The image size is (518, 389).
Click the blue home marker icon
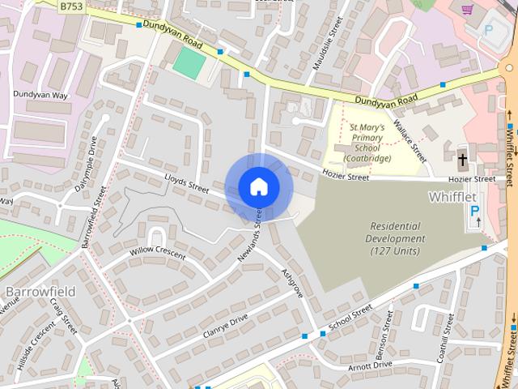258,186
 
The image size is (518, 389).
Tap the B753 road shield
72,6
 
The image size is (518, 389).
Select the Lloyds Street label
186,185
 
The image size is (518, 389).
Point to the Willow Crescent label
157,254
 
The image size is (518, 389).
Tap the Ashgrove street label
291,283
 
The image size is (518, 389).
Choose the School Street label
350,318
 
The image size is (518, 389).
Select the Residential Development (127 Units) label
395,238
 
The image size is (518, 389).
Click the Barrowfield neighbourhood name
40,290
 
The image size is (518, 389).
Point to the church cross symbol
462,159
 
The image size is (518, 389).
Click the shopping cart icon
467,10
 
